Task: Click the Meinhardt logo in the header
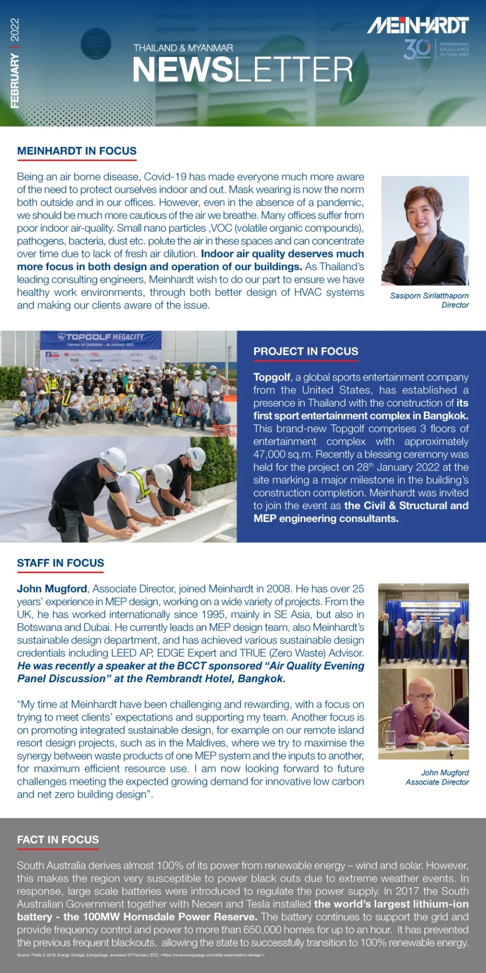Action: coord(418,25)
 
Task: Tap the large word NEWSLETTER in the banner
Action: coord(242,69)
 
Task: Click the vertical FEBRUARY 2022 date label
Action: coord(15,63)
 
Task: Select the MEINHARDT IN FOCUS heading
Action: coord(77,151)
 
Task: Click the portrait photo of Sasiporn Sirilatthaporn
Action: coord(425,231)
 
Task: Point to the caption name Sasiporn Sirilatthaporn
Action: coord(429,295)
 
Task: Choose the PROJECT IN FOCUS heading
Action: coord(306,351)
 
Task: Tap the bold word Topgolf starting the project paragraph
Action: coord(272,377)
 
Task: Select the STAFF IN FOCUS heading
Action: coord(60,563)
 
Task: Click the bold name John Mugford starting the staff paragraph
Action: coord(52,589)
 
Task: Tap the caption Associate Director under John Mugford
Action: coord(437,782)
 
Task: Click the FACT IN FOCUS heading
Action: coord(58,840)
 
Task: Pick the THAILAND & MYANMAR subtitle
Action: coord(183,48)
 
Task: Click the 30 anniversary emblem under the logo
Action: coord(417,49)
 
